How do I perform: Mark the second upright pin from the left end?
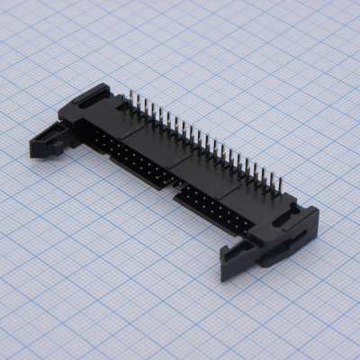[x=138, y=101]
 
